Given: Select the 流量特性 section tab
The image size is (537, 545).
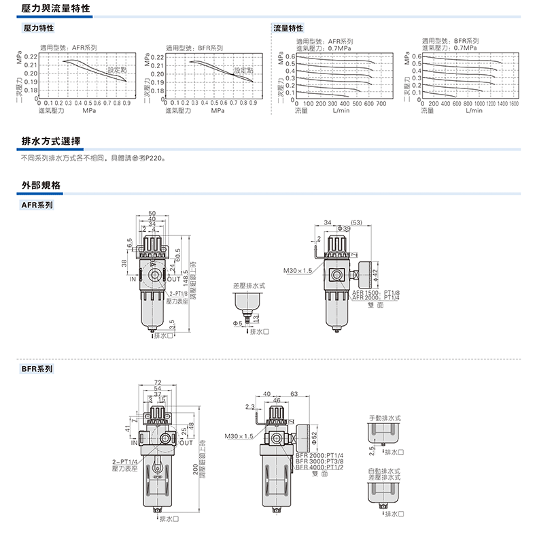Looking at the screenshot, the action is (288, 29).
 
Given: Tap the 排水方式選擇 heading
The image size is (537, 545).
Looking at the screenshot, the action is (52, 142).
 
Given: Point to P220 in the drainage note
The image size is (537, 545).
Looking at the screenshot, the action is (154, 158).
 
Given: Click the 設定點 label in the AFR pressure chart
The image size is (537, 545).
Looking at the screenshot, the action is (117, 70).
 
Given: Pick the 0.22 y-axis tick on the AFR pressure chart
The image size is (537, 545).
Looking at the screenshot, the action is (31, 56).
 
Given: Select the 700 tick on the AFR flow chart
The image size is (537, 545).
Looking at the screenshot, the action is (381, 103).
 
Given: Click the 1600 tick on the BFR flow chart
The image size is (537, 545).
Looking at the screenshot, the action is (513, 103).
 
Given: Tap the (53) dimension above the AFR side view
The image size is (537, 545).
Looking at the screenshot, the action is (358, 222).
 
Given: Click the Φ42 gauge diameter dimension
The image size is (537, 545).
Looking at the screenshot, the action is (375, 274).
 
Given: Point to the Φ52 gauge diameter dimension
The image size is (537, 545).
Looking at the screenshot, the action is (314, 435).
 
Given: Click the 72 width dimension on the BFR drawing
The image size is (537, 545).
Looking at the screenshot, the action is (158, 382).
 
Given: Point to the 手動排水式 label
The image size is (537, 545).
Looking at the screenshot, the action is (385, 416).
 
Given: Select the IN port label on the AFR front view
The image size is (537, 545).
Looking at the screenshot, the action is (132, 278).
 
